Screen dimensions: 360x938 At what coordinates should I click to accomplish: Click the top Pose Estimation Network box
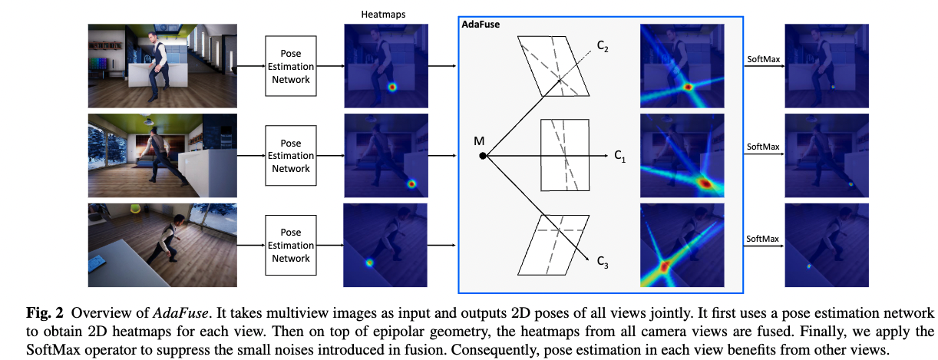point(291,65)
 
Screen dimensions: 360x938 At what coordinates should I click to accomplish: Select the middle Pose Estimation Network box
point(291,156)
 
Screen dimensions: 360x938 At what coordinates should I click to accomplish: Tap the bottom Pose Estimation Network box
point(291,246)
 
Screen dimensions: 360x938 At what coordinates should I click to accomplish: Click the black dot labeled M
point(482,156)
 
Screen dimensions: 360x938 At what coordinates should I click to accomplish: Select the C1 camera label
point(619,156)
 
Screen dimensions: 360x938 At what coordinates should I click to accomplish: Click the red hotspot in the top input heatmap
point(393,87)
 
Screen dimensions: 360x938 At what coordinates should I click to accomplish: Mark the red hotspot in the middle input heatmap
point(411,184)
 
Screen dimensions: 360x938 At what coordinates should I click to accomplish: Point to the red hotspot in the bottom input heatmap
point(369,263)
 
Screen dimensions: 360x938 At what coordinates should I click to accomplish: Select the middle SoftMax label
point(763,147)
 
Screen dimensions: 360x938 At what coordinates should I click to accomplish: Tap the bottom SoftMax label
point(763,239)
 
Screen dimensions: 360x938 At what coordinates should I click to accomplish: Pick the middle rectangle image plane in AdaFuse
point(566,155)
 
